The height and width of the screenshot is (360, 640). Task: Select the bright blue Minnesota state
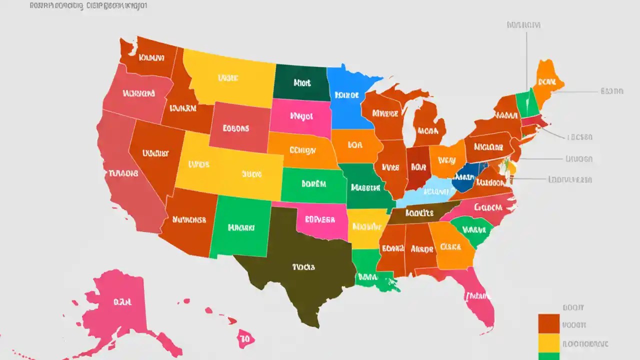(350, 100)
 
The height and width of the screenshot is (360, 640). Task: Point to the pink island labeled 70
(245, 338)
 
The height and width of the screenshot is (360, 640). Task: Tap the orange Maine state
(547, 80)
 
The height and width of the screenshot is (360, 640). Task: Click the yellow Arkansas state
(366, 227)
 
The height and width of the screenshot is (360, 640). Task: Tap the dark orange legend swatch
(548, 323)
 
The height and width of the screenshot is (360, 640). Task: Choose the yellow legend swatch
(548, 342)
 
